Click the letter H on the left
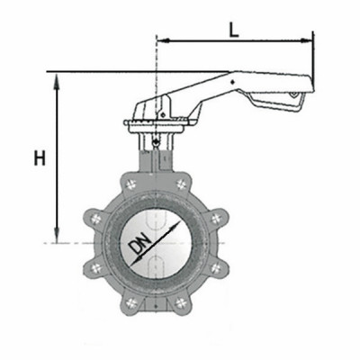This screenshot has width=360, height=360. [38, 158]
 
